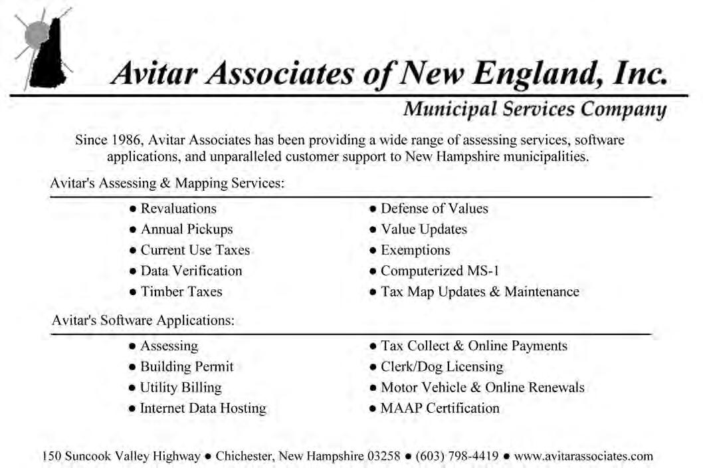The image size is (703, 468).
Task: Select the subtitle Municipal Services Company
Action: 535,109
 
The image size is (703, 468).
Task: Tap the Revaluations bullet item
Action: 178,209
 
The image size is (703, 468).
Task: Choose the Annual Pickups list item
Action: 186,229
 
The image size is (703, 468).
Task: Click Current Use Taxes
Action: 195,250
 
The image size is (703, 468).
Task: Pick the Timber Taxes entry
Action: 181,291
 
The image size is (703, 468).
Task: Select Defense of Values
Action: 434,209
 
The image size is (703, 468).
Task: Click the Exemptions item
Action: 415,250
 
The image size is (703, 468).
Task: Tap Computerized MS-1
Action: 439,271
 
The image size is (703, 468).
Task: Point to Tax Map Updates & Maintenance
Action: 479,291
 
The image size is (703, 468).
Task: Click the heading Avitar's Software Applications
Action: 143,320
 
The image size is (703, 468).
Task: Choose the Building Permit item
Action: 187,366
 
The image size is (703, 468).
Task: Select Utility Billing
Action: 181,388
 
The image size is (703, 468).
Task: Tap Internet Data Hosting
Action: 203,408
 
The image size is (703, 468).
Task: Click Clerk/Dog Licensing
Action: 441,366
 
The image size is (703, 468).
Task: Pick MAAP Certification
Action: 439,408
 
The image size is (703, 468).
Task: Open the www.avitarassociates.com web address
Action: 583,456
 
